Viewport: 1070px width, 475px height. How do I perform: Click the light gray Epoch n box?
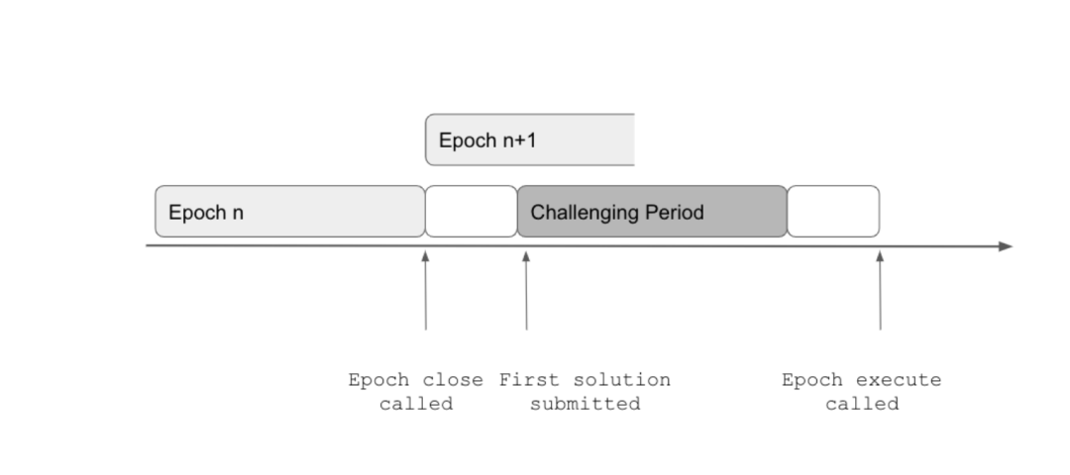coord(290,211)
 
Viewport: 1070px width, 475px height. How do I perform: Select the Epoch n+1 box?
coord(529,140)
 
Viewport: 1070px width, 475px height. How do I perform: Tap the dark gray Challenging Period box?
coord(652,211)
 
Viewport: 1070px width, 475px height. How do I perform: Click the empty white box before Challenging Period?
coord(472,211)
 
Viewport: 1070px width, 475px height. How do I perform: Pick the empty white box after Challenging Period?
coord(833,211)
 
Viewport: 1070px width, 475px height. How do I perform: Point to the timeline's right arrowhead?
coord(1006,246)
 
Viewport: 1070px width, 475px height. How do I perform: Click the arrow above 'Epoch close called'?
coord(426,290)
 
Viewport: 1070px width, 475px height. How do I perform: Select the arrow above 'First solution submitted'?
coord(526,290)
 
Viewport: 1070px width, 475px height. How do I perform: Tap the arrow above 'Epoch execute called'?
coord(881,290)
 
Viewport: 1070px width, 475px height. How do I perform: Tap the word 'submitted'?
coord(585,404)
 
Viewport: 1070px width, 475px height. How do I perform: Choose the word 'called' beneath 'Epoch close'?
coord(416,404)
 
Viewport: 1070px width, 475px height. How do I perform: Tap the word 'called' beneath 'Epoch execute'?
coord(862,404)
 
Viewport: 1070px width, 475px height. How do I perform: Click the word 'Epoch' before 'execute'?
coord(811,380)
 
